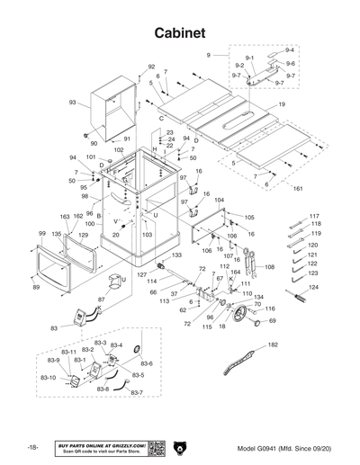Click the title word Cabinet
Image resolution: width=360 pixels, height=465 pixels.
pos(180,32)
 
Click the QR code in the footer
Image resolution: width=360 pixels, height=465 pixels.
pos(156,448)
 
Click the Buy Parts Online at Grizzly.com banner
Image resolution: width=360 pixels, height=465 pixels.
pos(101,448)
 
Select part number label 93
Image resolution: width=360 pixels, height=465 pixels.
pos(72,103)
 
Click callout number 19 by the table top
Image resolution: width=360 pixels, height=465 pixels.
pos(283,105)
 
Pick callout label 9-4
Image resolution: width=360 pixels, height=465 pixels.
pos(290,49)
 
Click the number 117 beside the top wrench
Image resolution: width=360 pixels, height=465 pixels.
pos(314,217)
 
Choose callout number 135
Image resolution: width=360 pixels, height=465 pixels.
pos(57,234)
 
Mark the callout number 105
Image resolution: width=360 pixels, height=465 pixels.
pos(249,218)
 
